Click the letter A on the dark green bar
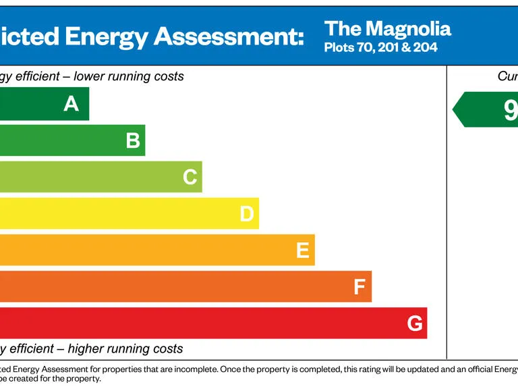[x=71, y=104]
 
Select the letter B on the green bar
[x=133, y=140]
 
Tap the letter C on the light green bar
[x=190, y=177]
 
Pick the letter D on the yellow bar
[x=247, y=214]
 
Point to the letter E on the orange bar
[x=303, y=251]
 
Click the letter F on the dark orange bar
[x=359, y=287]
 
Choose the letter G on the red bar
[x=415, y=324]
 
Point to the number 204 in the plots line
[x=426, y=48]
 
